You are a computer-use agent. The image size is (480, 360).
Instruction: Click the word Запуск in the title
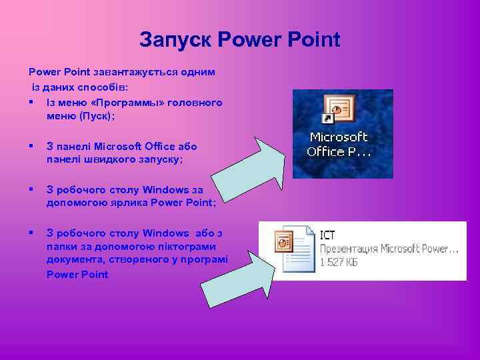175,40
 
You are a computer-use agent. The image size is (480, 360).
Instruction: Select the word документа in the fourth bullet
71,261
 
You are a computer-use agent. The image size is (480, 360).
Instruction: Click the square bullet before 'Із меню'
31,102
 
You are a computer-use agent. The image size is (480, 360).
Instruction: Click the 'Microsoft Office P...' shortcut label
339,144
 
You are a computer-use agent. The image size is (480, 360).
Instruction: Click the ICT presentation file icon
293,250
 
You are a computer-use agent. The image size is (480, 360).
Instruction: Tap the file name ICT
327,235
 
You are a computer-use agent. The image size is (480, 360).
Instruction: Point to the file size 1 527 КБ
339,263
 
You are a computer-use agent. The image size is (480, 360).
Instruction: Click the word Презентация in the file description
349,249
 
